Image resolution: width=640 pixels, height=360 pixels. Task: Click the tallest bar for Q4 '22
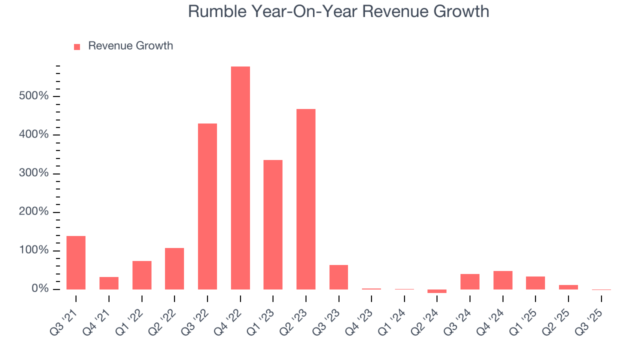(240, 177)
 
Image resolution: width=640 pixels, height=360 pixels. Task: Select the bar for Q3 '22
(207, 206)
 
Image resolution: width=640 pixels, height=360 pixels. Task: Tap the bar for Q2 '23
(305, 199)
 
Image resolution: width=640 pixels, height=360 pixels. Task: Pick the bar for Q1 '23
(273, 224)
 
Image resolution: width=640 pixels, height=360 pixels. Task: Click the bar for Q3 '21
(76, 262)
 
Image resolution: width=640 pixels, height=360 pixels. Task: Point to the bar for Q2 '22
(174, 268)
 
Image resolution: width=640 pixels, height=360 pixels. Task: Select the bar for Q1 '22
(141, 275)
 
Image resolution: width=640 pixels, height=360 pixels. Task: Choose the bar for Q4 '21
(109, 283)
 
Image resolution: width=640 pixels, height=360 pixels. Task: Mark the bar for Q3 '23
(338, 277)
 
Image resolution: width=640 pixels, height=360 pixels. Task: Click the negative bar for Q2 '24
(437, 291)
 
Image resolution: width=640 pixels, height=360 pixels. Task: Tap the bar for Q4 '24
(502, 280)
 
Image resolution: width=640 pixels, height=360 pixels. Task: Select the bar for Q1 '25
(535, 283)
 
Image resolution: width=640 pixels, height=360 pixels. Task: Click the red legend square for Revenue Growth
(77, 46)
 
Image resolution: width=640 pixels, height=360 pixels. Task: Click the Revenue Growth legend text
(130, 46)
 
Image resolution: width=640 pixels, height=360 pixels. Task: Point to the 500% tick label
(33, 96)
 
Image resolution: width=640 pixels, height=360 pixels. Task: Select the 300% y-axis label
(33, 173)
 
